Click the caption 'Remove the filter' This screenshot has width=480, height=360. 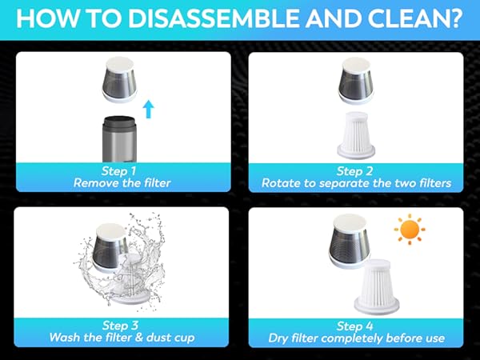[x=122, y=183]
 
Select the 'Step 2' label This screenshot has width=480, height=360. [x=356, y=171]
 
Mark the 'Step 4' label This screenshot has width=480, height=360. [x=356, y=326]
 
